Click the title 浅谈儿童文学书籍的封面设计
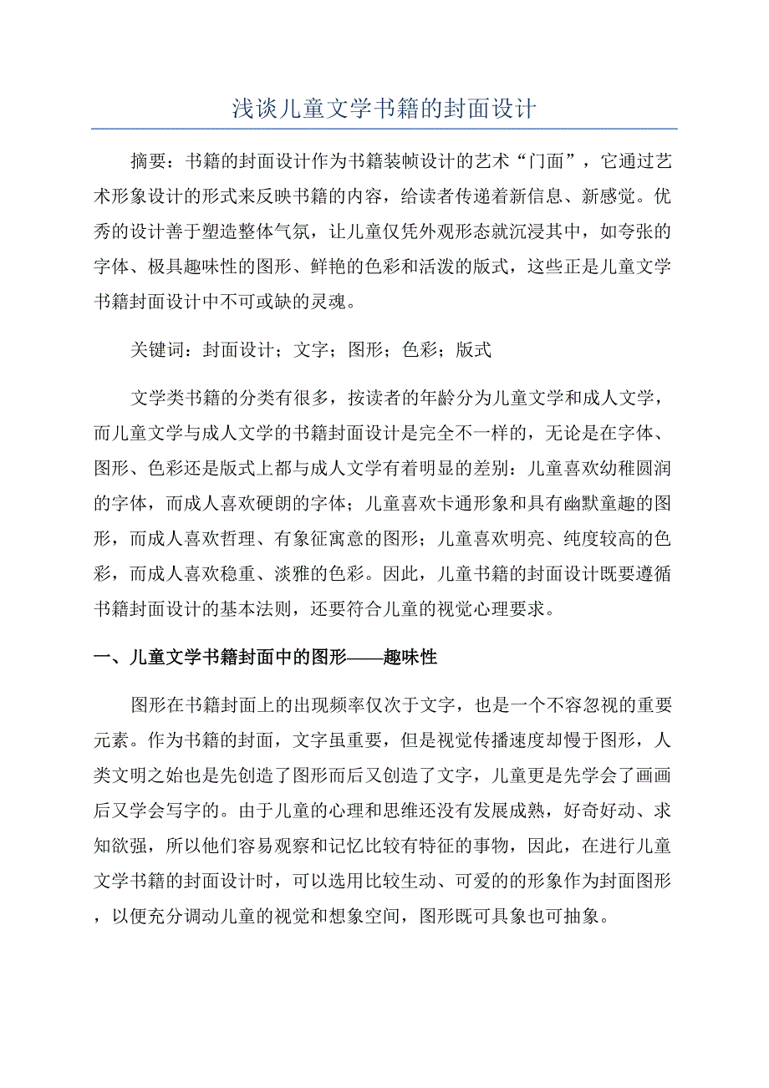(384, 109)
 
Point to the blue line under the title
(384, 129)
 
